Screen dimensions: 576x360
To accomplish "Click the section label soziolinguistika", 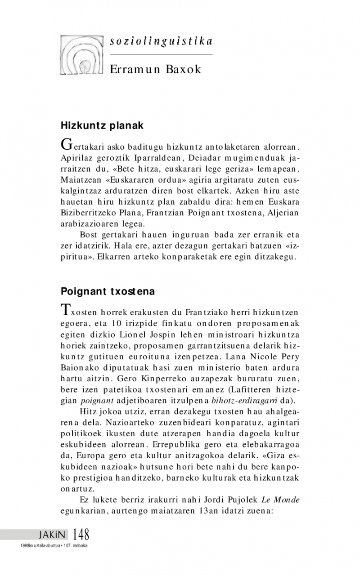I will point(161,41).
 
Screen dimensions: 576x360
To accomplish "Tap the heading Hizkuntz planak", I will point(102,125).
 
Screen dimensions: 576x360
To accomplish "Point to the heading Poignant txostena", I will point(108,291).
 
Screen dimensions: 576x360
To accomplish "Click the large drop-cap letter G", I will point(66,145).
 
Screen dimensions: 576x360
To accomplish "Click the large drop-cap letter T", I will point(65,310).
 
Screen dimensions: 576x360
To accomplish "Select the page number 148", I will point(80,535).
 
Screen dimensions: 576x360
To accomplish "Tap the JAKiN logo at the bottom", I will point(52,535).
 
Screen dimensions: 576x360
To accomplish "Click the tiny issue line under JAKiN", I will point(51,545).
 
